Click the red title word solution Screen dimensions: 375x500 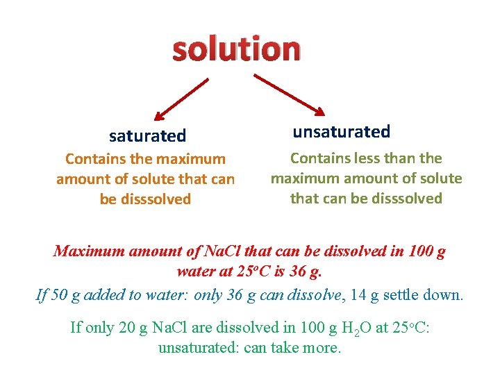[x=236, y=50]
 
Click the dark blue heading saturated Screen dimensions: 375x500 [x=147, y=135]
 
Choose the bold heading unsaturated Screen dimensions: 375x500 [x=341, y=131]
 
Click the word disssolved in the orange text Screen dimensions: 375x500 [x=154, y=199]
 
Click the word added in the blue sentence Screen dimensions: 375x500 [x=105, y=294]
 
